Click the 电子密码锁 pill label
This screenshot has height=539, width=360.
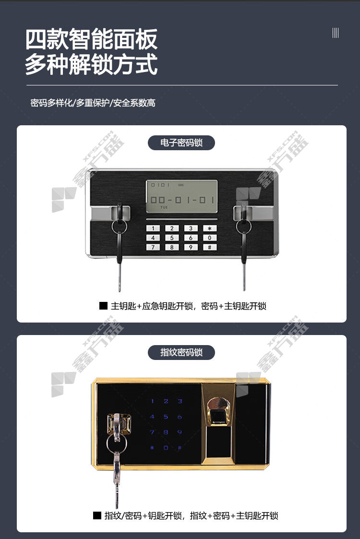pyautogui.click(x=181, y=143)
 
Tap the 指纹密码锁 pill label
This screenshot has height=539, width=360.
pyautogui.click(x=181, y=352)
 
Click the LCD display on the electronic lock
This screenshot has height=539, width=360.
pyautogui.click(x=182, y=196)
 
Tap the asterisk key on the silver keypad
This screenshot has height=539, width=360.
pyautogui.click(x=209, y=228)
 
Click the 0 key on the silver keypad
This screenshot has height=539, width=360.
pyautogui.click(x=209, y=238)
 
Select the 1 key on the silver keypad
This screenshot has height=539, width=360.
pyautogui.click(x=153, y=228)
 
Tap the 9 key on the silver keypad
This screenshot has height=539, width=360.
pyautogui.click(x=191, y=247)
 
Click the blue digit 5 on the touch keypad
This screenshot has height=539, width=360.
pyautogui.click(x=166, y=417)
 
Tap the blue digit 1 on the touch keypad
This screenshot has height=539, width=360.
pyautogui.click(x=152, y=401)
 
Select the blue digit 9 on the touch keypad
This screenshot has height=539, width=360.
pyautogui.click(x=180, y=432)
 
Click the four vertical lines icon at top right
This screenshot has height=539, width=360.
pyautogui.click(x=336, y=33)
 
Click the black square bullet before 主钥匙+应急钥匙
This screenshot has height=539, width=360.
pyautogui.click(x=103, y=306)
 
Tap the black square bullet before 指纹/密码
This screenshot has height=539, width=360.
pyautogui.click(x=97, y=515)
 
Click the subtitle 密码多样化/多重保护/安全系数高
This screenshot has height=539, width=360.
pyautogui.click(x=93, y=103)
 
